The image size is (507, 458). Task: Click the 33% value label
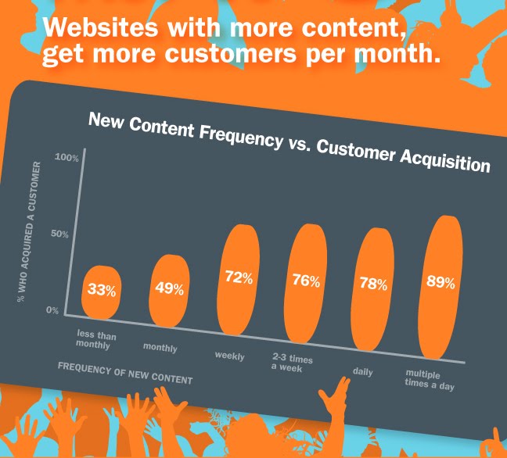pyautogui.click(x=102, y=290)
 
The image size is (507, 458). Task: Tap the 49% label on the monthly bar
pyautogui.click(x=170, y=288)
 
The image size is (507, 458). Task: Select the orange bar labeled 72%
pyautogui.click(x=239, y=280)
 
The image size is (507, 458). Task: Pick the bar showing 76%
pyautogui.click(x=306, y=283)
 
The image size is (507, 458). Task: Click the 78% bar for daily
pyautogui.click(x=372, y=289)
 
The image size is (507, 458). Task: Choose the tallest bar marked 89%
pyautogui.click(x=440, y=287)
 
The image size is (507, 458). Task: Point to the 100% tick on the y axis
pyautogui.click(x=67, y=158)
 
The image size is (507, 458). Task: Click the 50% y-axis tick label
pyautogui.click(x=59, y=234)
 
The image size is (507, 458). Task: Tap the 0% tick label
pyautogui.click(x=52, y=310)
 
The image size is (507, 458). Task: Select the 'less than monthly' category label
pyautogui.click(x=95, y=339)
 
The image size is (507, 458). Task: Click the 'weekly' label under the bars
pyautogui.click(x=229, y=356)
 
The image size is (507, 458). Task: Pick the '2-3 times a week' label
pyautogui.click(x=292, y=363)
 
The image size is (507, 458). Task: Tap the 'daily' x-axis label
pyautogui.click(x=363, y=372)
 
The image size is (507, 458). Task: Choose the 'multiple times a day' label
pyautogui.click(x=430, y=380)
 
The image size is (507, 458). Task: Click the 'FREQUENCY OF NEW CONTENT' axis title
pyautogui.click(x=125, y=374)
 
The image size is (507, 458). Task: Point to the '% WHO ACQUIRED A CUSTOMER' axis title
pyautogui.click(x=29, y=232)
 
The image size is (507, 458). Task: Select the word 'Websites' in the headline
pyautogui.click(x=101, y=27)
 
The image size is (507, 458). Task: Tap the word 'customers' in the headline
pyautogui.click(x=231, y=53)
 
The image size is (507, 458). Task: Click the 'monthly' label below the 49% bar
pyautogui.click(x=160, y=348)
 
